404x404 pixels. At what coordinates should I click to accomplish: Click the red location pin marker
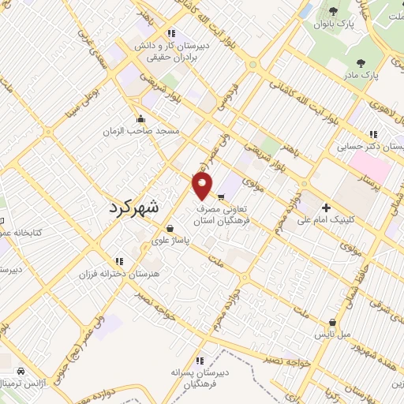click(203, 186)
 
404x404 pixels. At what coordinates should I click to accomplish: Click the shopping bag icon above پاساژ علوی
click(170, 228)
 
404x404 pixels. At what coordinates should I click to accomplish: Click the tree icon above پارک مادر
click(361, 63)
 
